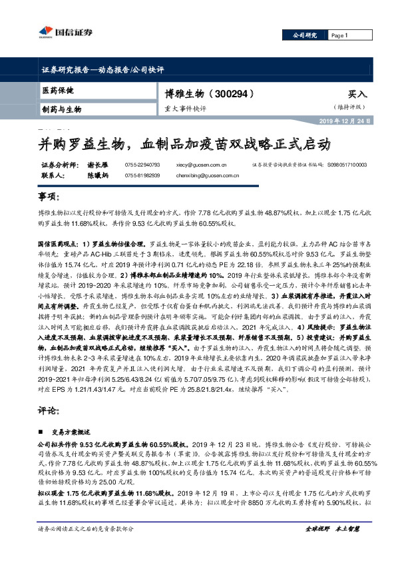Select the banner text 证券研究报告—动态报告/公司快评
click(108, 69)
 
